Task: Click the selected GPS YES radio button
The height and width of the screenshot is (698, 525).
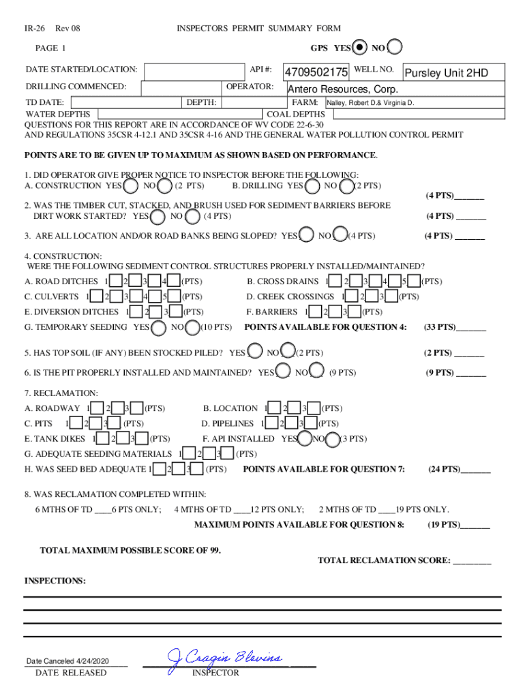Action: [360, 48]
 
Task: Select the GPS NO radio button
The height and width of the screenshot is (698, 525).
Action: [394, 48]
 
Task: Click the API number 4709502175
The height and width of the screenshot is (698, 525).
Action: [316, 72]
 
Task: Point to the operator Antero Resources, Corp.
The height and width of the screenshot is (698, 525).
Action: [342, 89]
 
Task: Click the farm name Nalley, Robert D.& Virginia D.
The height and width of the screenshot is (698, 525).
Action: [371, 104]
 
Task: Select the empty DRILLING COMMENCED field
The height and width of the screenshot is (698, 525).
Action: [181, 88]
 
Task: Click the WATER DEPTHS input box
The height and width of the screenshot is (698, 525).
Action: [180, 115]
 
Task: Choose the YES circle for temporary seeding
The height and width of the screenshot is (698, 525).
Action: [158, 327]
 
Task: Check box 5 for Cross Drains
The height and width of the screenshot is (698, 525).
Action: [412, 281]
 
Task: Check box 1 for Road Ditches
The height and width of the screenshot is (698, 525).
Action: [116, 281]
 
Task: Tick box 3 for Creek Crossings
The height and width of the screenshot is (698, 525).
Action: [391, 297]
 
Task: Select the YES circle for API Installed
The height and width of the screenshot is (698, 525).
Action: [305, 439]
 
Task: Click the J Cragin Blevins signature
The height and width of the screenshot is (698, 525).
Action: [225, 658]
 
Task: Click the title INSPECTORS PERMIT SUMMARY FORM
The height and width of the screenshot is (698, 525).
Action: [258, 28]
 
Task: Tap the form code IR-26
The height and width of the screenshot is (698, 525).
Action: [35, 28]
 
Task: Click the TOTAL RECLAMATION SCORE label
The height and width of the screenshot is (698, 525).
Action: [383, 560]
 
